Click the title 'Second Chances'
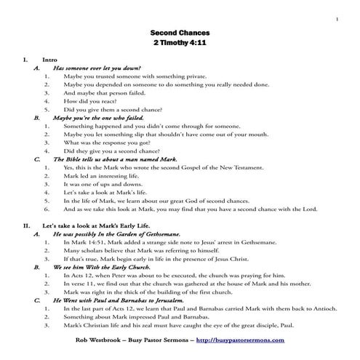(x=179, y=33)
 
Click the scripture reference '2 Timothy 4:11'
(x=179, y=44)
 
